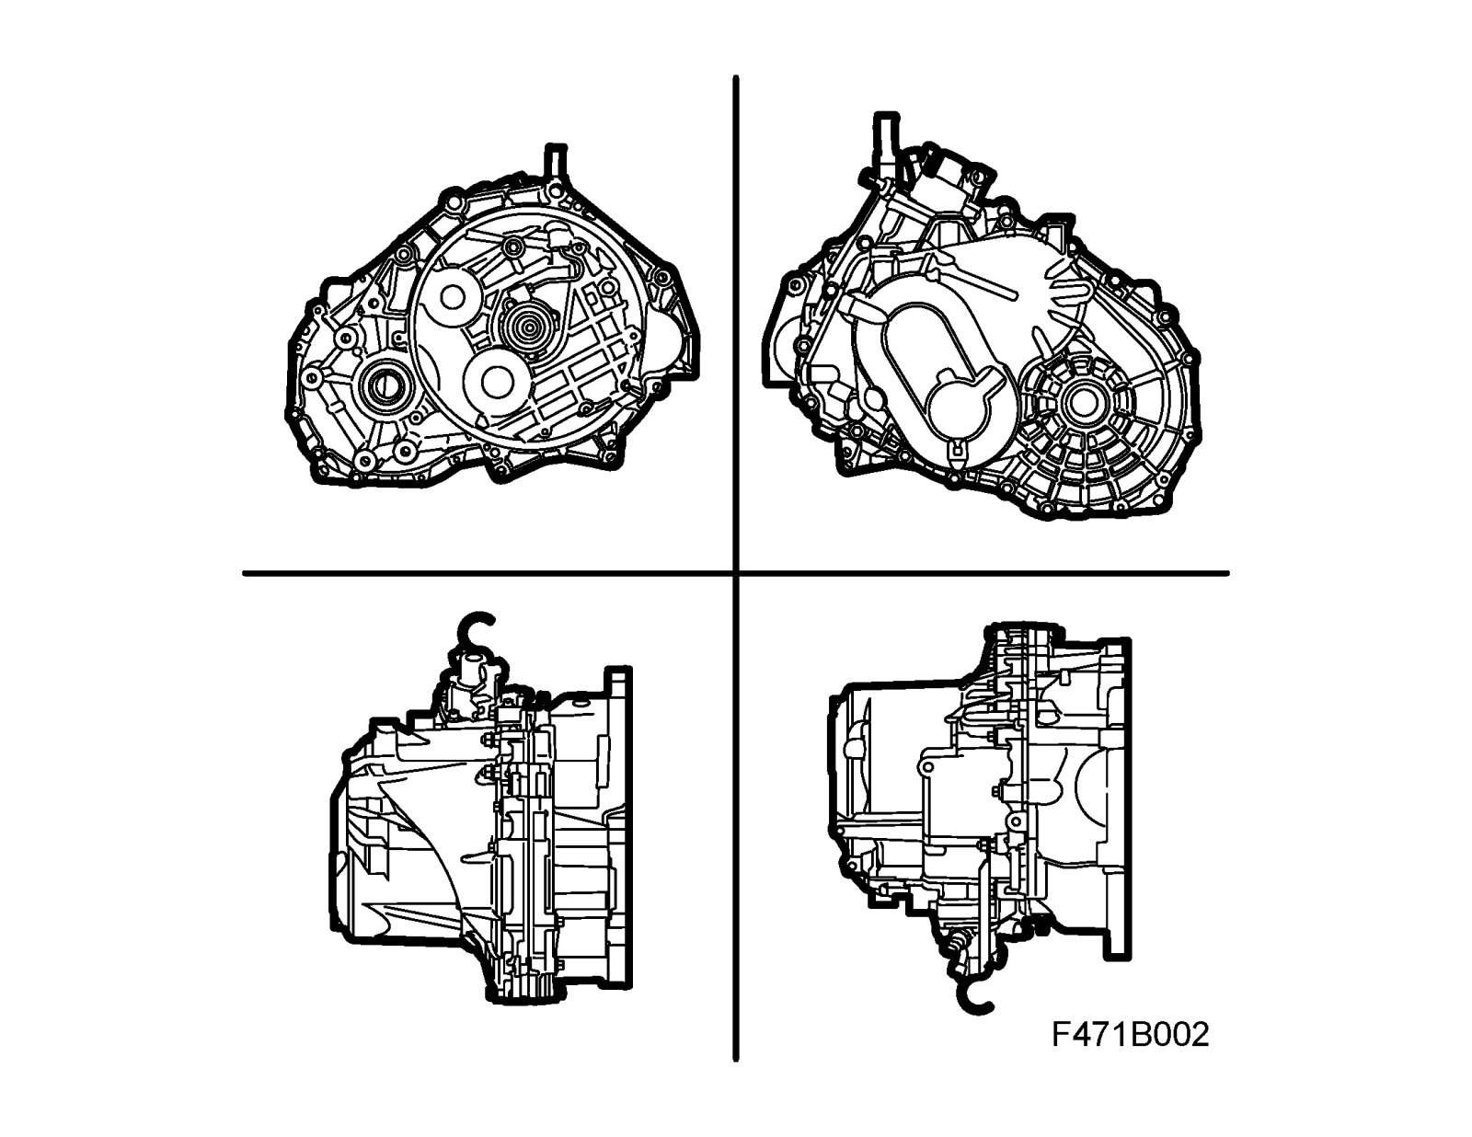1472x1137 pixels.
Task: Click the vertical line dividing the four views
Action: tap(736, 568)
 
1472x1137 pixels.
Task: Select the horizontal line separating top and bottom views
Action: tap(736, 574)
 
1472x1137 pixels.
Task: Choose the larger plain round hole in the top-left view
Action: tap(497, 384)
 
